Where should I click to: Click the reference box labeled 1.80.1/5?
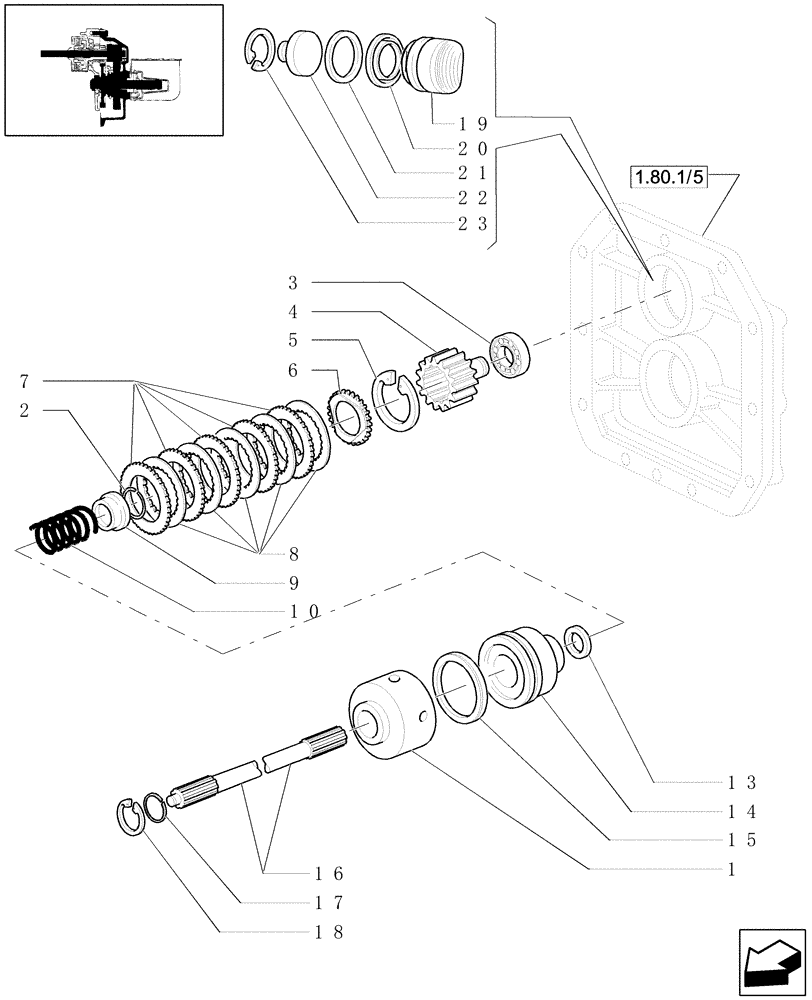coord(667,179)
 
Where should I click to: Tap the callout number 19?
coord(473,124)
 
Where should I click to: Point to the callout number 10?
coord(299,610)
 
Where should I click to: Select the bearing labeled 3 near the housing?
coord(510,355)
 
